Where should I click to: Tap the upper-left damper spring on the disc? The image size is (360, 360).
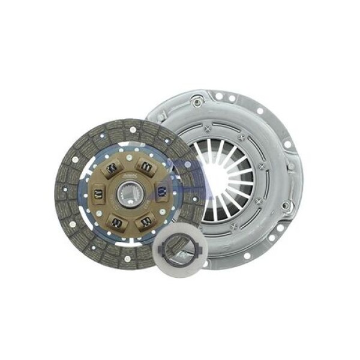110,169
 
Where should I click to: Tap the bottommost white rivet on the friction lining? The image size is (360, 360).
127,259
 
